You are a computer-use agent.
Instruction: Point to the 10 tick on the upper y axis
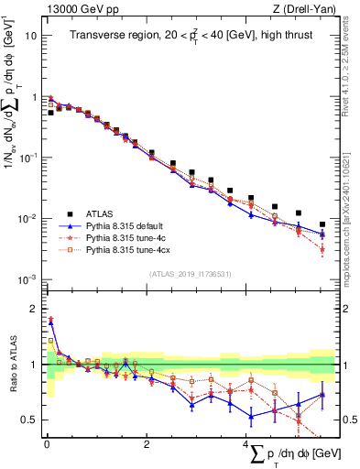[31, 36]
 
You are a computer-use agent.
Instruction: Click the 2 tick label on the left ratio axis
[34, 309]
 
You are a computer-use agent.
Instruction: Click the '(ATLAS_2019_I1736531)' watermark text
[189, 273]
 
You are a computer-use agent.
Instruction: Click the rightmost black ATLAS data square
[322, 224]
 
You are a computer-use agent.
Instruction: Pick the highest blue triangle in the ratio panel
[51, 321]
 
